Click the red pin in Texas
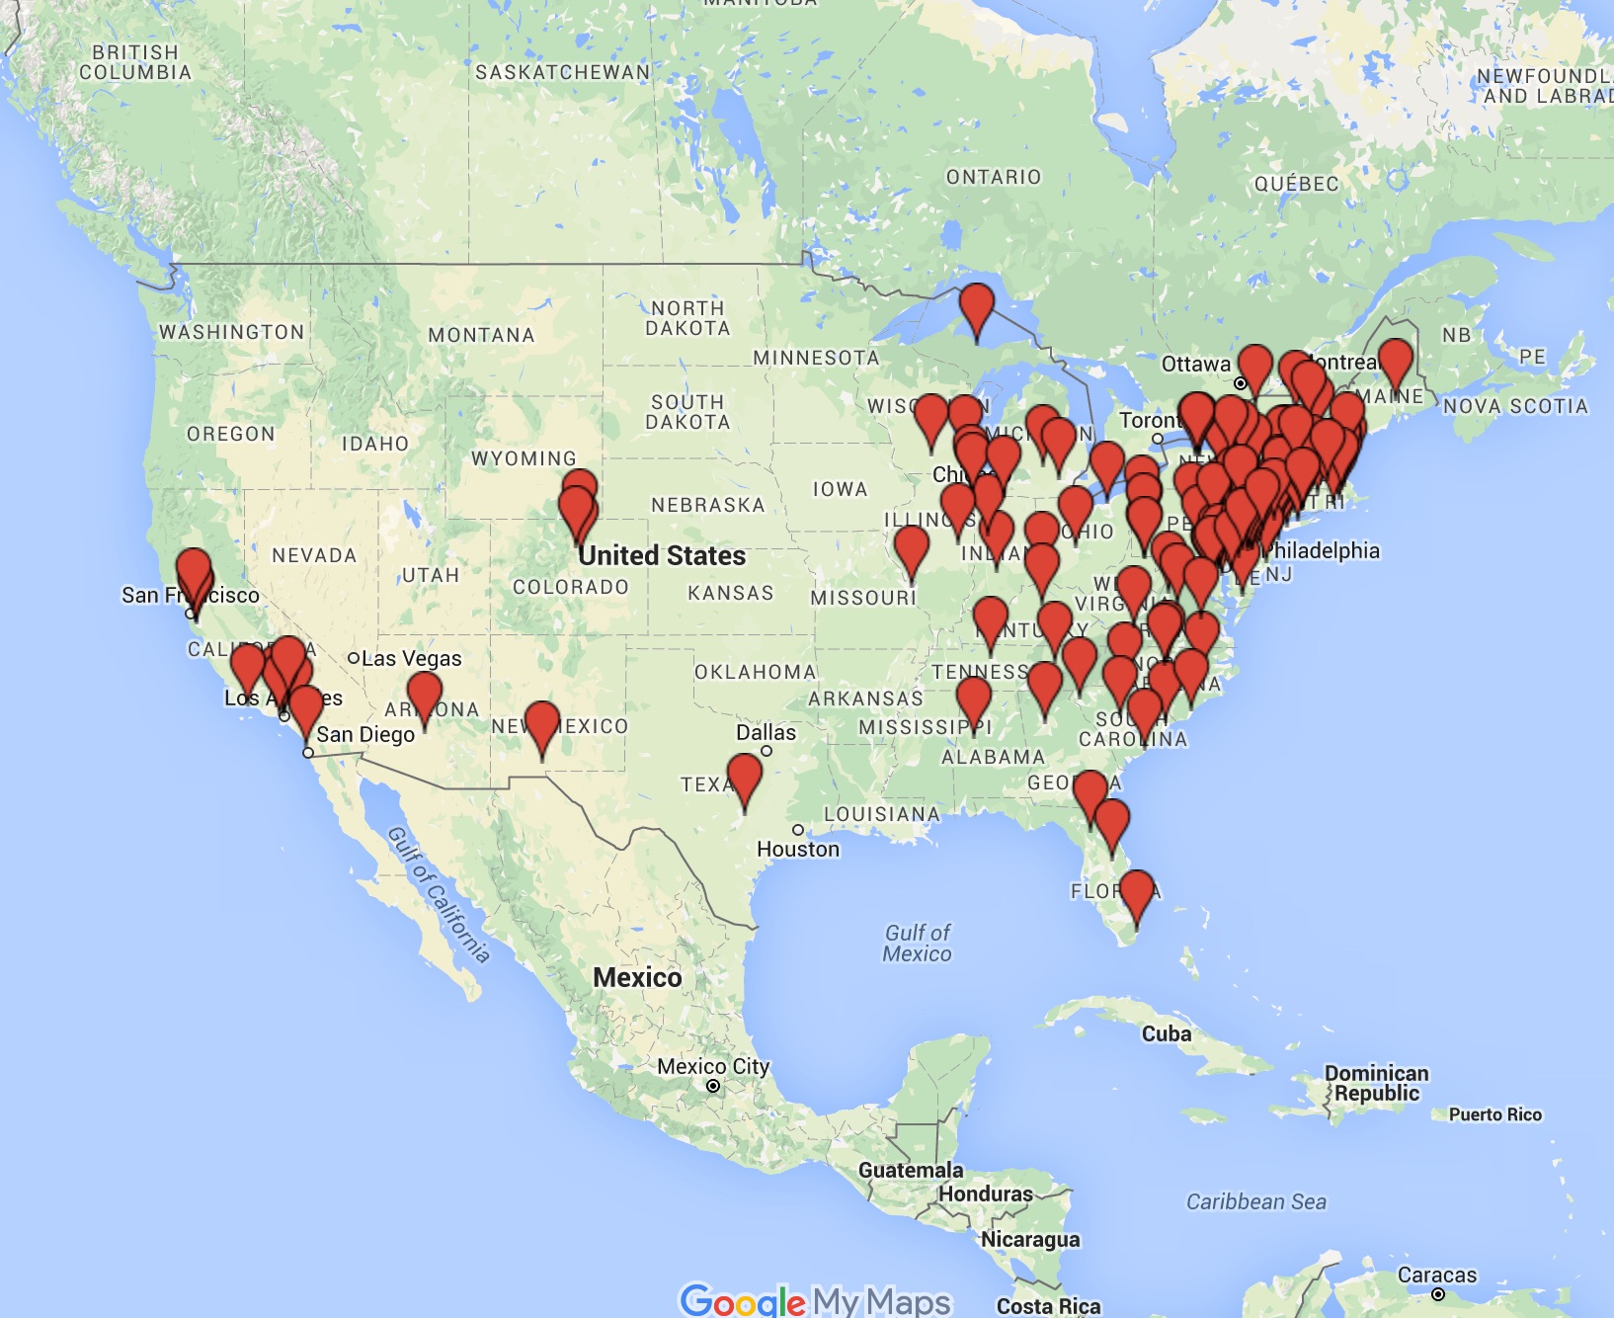point(744,776)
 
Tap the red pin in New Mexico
point(541,723)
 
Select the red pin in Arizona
point(424,693)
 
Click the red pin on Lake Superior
point(976,305)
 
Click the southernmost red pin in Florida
point(1136,891)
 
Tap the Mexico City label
point(712,1067)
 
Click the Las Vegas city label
point(411,658)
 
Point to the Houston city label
point(798,849)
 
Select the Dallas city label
point(766,732)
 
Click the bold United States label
point(662,555)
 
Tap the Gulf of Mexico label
point(918,943)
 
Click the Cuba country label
point(1167,1033)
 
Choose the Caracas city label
point(1436,1276)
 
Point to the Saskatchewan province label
point(562,72)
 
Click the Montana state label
point(481,335)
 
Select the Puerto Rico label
point(1494,1114)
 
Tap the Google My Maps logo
point(815,1300)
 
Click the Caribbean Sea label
point(1255,1201)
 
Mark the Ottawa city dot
point(1240,382)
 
